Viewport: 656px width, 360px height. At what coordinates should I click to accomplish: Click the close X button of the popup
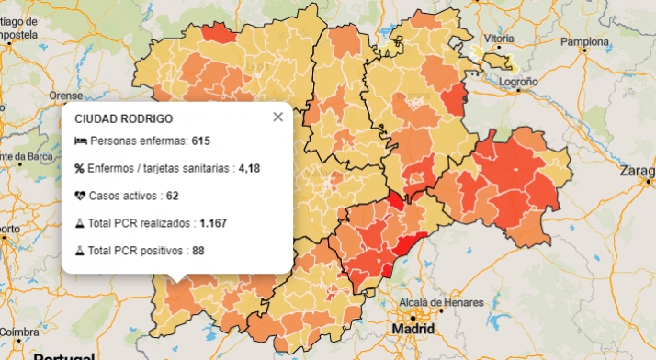[277, 117]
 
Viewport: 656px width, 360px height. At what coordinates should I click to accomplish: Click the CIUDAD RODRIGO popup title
[123, 118]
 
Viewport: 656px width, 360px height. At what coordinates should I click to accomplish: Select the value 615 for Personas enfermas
[201, 141]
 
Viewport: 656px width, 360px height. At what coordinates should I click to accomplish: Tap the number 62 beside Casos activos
[172, 196]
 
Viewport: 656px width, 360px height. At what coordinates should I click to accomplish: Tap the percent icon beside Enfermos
[79, 168]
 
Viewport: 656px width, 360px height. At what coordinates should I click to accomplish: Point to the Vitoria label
[499, 39]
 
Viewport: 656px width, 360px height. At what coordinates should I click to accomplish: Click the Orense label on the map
[65, 95]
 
